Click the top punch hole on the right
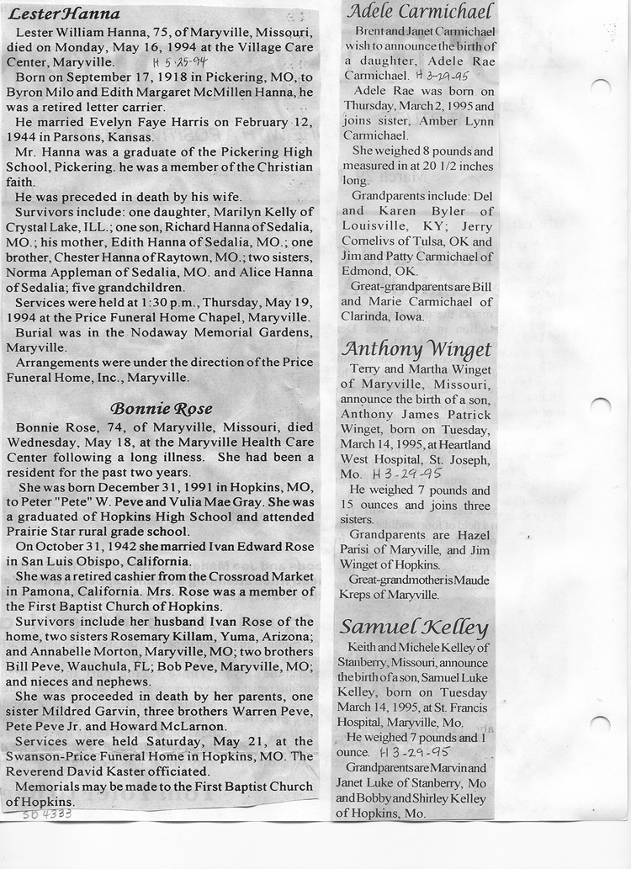[601, 87]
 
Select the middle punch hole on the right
[601, 405]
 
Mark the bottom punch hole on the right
[601, 724]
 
